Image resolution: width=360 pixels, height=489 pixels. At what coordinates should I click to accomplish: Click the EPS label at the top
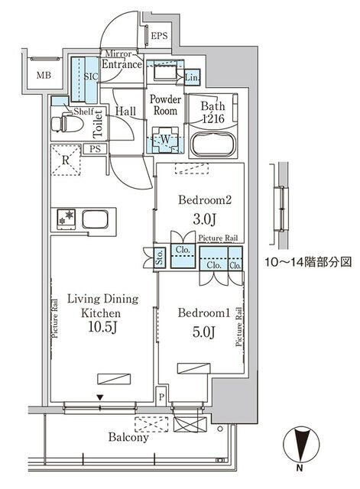click(x=159, y=36)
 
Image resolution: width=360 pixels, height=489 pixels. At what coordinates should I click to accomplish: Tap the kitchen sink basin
click(x=95, y=219)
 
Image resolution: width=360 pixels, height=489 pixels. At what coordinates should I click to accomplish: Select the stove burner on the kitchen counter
click(x=63, y=219)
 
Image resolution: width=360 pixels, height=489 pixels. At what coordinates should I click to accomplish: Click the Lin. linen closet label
click(x=192, y=78)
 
